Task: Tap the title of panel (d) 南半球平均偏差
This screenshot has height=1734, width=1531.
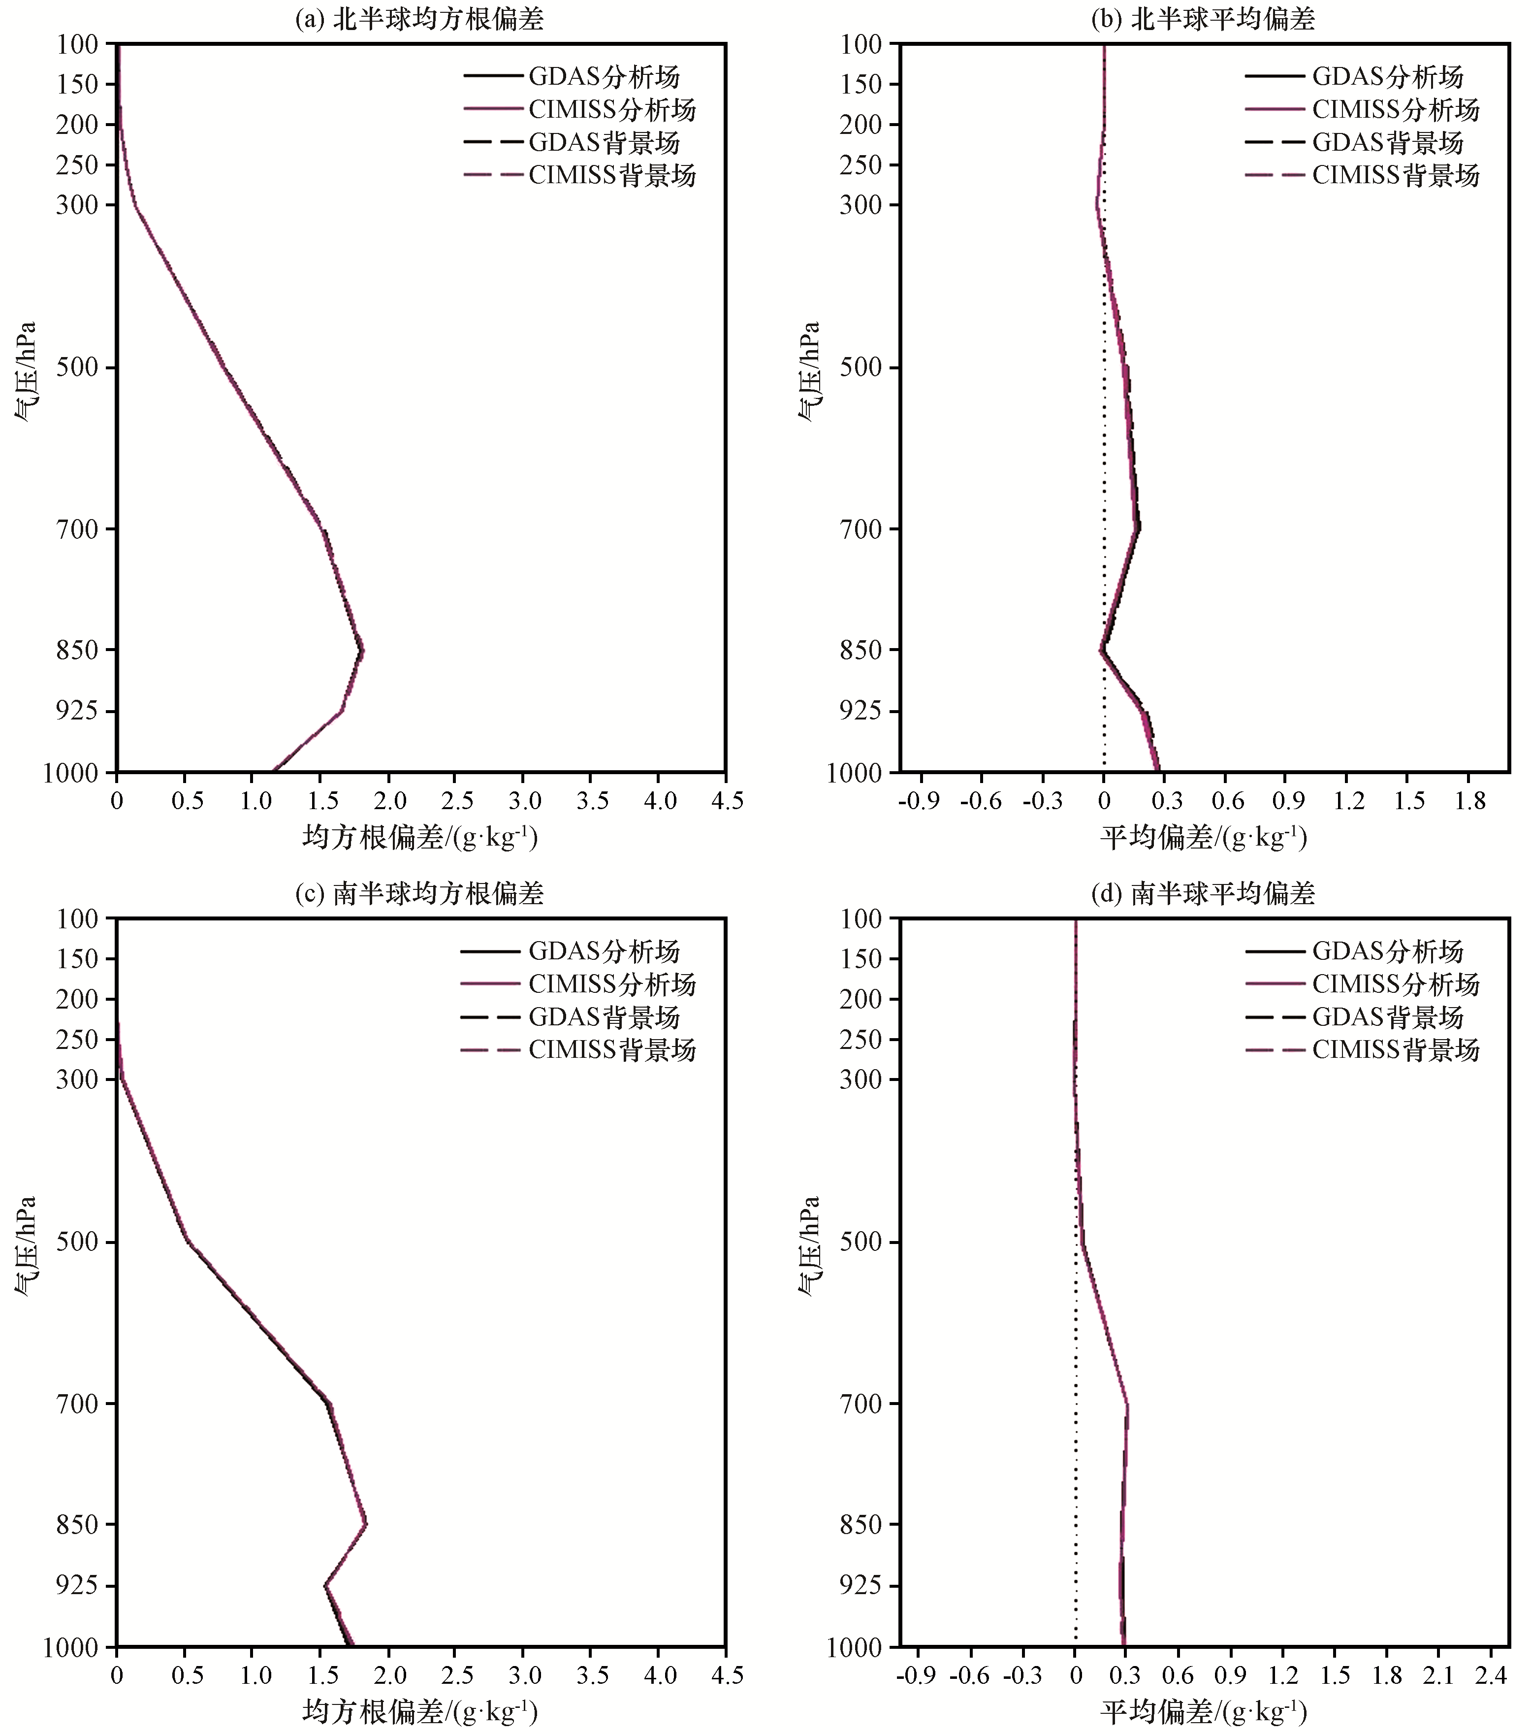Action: (1203, 893)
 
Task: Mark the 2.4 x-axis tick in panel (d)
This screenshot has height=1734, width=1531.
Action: (1490, 1675)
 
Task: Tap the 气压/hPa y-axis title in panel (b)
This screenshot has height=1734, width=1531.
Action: (809, 371)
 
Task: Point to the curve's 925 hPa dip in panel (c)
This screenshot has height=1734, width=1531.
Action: (325, 1585)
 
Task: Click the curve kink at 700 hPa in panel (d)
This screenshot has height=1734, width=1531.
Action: (1127, 1404)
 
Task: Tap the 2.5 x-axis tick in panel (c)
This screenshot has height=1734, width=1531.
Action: (456, 1675)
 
